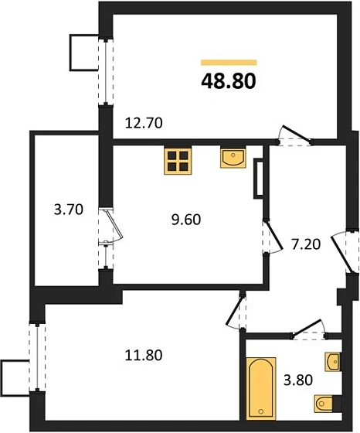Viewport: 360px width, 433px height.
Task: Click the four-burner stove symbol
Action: coord(178,160)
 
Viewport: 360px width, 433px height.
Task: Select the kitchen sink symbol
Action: coord(232,158)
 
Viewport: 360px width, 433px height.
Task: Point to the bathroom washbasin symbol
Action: coord(333,361)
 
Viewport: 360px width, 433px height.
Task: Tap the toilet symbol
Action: coord(327,403)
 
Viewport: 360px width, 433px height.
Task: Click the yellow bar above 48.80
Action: coord(229,61)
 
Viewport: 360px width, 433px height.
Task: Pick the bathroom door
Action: coord(308,329)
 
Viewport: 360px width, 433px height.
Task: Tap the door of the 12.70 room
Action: coord(294,136)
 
